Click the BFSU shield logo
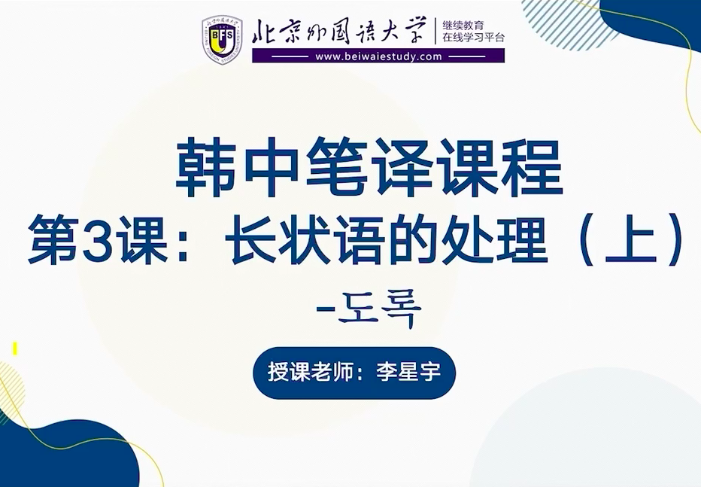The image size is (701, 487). click(222, 39)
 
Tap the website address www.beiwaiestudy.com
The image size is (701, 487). click(378, 56)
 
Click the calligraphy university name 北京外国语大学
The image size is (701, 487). click(338, 32)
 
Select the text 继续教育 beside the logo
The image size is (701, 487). click(463, 26)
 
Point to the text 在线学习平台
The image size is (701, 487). click(473, 38)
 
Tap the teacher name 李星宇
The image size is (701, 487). click(408, 372)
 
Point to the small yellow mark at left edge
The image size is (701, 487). click(15, 349)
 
